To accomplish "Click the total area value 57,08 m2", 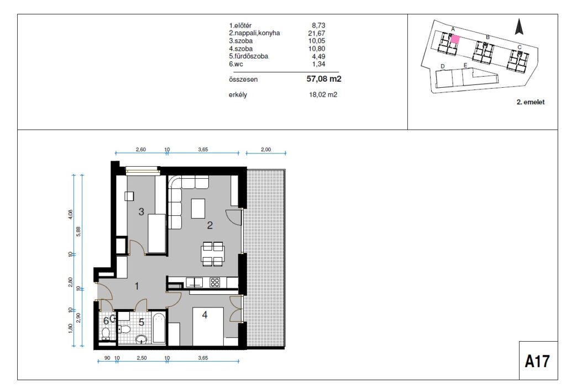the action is point(324,78).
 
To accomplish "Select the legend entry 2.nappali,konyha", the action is point(254,33).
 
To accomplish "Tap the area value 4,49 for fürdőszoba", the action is point(319,56).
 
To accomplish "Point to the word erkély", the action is point(238,95).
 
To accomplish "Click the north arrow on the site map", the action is point(519,26).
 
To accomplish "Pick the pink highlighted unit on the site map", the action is point(455,39).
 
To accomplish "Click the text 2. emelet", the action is point(531,102).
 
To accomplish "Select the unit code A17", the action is point(537,361).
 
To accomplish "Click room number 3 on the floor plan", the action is point(141,212).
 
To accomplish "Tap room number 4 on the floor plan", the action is point(205,315).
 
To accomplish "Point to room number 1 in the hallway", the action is point(137,286).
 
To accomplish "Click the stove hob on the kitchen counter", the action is point(215,283).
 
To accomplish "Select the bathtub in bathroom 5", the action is point(159,328).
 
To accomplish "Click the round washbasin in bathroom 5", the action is point(141,339).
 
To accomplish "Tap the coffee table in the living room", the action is point(198,209).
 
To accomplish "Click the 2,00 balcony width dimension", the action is point(266,149).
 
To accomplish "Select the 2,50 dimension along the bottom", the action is point(141,358).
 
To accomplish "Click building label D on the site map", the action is point(443,66).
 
